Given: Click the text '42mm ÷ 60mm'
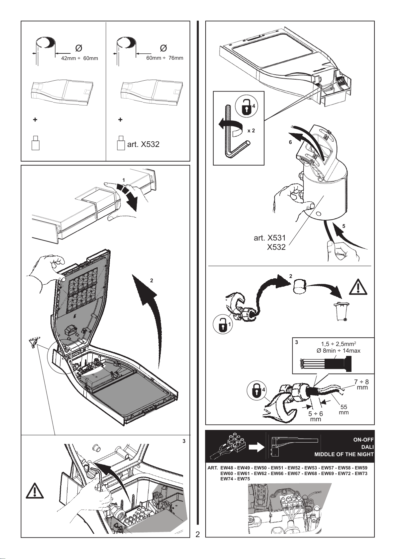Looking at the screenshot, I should tap(79, 58).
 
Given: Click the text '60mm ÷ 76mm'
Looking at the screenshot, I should tap(165, 58).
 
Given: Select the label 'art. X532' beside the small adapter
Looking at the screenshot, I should tap(143, 145).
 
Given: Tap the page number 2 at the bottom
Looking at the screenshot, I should tap(198, 534).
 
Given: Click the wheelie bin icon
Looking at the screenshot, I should tap(342, 312).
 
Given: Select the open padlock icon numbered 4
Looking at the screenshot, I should tap(246, 107).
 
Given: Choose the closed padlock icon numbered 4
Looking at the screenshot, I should tap(256, 390).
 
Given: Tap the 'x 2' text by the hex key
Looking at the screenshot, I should tap(251, 131).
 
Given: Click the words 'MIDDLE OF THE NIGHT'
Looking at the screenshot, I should tap(344, 454).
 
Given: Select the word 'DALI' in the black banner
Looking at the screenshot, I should tap(367, 447).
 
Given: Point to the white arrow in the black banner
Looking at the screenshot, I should tap(256, 448).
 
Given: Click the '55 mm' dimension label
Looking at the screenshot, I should tap(344, 410).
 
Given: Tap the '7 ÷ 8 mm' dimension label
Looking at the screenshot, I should tap(361, 384).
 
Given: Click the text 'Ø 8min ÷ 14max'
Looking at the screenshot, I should tap(339, 351).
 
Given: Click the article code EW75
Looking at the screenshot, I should tap(244, 479).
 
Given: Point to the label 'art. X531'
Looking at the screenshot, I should tap(269, 238).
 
